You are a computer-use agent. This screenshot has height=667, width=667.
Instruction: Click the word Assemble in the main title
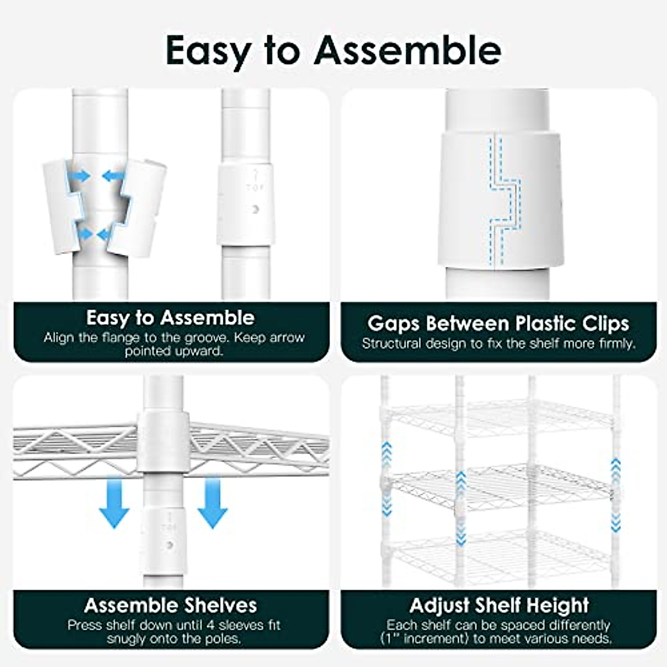pyautogui.click(x=407, y=51)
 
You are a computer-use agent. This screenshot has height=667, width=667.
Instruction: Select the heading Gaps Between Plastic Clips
pyautogui.click(x=498, y=323)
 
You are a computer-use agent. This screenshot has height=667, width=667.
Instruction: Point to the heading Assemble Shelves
pyautogui.click(x=171, y=605)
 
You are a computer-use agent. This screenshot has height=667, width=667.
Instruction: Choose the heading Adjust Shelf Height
pyautogui.click(x=499, y=605)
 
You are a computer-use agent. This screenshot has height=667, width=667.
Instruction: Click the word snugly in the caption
pyautogui.click(x=127, y=639)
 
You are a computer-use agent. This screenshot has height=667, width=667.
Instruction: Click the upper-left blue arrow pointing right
pyautogui.click(x=81, y=176)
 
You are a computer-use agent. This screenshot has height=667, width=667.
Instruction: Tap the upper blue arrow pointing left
pyautogui.click(x=113, y=176)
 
